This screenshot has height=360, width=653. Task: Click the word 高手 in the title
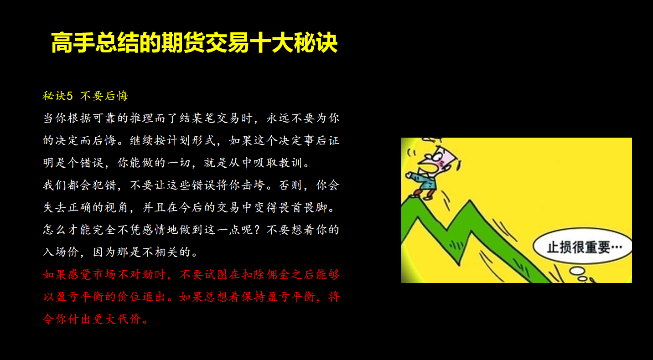pos(73,42)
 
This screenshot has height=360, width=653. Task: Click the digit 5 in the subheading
pos(70,96)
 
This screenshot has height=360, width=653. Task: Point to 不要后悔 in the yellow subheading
pos(104,96)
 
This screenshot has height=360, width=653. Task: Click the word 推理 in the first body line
pos(142,118)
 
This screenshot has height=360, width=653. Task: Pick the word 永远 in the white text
pos(278,118)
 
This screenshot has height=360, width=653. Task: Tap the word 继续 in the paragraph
pos(142,140)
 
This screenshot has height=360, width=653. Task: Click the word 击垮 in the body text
pos(254,185)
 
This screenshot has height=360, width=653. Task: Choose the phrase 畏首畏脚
pos(303,208)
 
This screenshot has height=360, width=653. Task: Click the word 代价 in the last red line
pos(130,319)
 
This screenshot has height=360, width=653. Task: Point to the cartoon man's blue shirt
pos(427,182)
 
